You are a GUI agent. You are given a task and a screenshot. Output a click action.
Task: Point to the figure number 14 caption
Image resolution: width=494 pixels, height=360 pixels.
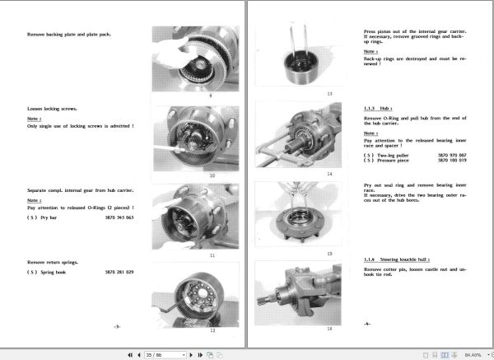pyautogui.click(x=306, y=174)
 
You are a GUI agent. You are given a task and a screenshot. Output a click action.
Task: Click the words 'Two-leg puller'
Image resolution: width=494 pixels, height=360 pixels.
pyautogui.click(x=397, y=155)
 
